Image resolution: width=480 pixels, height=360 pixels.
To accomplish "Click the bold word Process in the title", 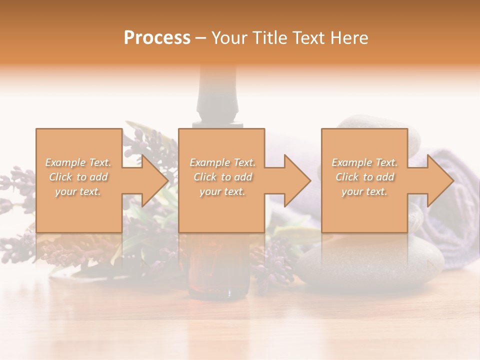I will tap(157, 38).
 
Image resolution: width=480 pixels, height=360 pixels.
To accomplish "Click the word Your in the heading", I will tap(230, 38).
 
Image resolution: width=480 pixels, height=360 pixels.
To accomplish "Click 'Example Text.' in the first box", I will tap(78, 162).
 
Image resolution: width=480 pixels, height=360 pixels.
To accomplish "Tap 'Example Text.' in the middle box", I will tap(222, 162).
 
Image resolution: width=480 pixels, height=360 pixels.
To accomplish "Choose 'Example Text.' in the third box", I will tap(364, 162).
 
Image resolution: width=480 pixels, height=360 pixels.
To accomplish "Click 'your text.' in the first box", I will tap(78, 191).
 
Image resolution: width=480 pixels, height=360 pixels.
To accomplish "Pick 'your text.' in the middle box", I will tap(222, 191).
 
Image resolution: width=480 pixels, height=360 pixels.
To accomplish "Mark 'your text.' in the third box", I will tap(364, 191).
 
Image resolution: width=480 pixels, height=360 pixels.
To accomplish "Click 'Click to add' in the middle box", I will tap(222, 177).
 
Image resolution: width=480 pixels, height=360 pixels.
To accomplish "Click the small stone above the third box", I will tap(370, 123).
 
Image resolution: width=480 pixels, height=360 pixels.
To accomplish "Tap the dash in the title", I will tap(200, 38).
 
